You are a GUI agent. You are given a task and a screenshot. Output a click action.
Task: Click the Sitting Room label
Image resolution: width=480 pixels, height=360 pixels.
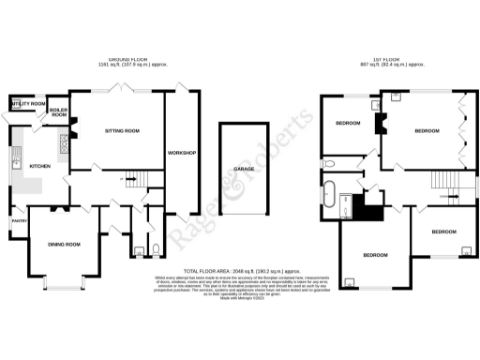pos(120,131)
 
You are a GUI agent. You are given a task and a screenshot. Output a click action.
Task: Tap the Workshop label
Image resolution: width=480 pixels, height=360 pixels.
pos(181,151)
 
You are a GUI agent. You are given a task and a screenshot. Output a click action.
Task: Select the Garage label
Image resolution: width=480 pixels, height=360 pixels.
pos(234,170)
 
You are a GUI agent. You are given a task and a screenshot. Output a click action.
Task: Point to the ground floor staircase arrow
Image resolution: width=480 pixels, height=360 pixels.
pos(130,179)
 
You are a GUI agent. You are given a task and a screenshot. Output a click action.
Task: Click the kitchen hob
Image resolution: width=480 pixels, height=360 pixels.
pos(65,142)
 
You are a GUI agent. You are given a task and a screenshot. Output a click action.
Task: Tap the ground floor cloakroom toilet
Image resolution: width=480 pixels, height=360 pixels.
pos(138,249)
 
